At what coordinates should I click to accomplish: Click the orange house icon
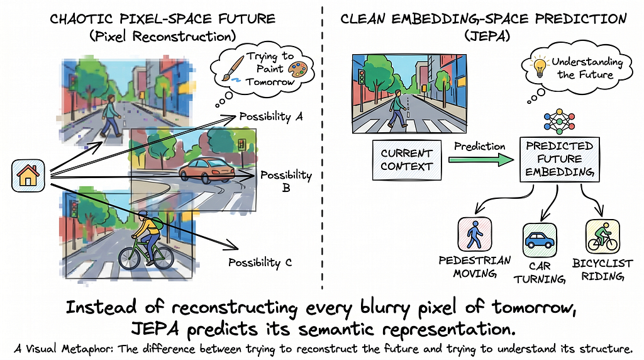28,176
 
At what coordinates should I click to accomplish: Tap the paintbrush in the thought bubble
233,69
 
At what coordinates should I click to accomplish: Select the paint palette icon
297,69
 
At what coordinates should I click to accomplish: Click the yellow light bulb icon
539,67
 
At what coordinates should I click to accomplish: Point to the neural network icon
559,121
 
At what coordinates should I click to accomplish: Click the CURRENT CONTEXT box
407,160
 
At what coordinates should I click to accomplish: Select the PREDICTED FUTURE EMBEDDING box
559,159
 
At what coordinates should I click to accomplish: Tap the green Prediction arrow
481,159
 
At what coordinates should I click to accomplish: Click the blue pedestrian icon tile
474,234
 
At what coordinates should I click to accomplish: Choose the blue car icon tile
540,240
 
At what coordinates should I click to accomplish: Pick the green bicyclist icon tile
602,236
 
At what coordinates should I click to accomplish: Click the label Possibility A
271,116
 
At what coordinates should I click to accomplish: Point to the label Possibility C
260,262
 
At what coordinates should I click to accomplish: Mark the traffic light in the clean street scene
362,77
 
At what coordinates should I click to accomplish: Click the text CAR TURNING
540,273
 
